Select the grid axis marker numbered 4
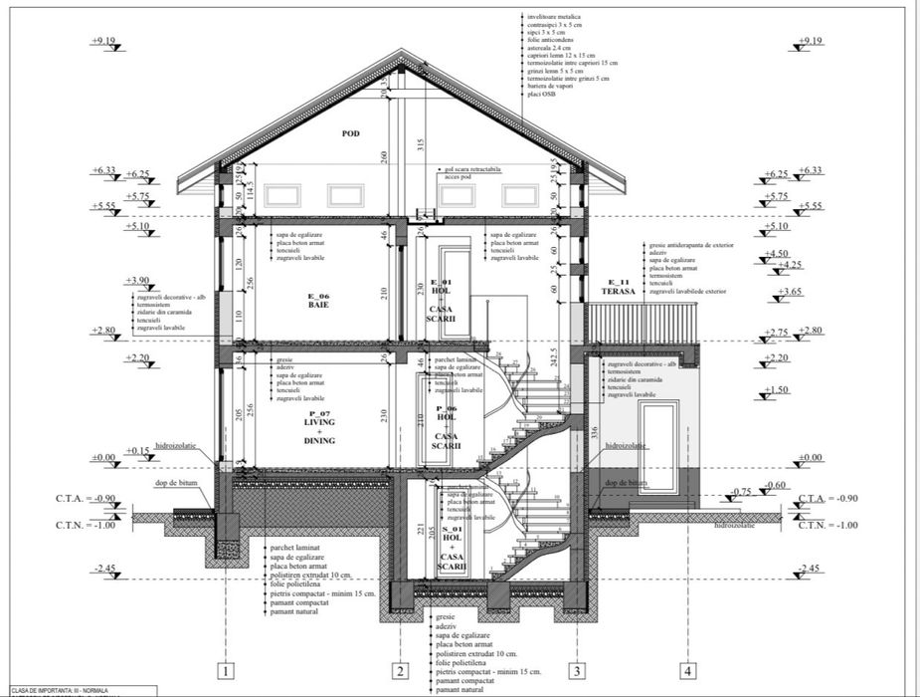[687, 671]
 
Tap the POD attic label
[349, 133]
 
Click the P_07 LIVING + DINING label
[320, 431]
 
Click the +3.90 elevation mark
[138, 281]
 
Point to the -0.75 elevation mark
[740, 492]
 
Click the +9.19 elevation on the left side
[103, 41]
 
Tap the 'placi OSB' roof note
[544, 95]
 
